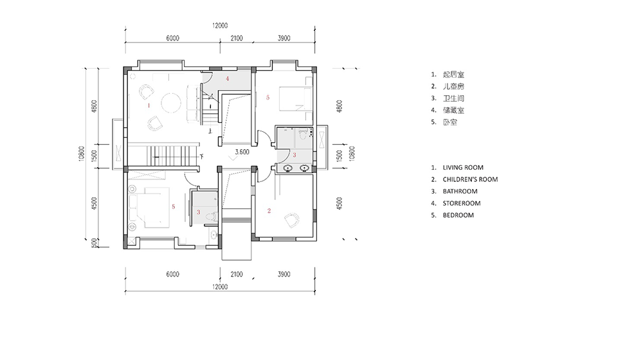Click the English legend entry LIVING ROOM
coord(463,168)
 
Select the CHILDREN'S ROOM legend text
coord(471,179)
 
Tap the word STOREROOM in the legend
coord(462,203)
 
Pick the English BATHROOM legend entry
coord(460,192)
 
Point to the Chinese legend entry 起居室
coord(453,75)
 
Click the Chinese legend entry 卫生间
coord(453,98)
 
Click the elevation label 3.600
coord(242,152)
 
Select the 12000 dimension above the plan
coord(220,26)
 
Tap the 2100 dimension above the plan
coord(237,38)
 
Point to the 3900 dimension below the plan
coord(284,274)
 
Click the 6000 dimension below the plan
coord(172,274)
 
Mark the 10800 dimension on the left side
coord(82,154)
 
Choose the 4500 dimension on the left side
coord(95,204)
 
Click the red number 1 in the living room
coord(149,105)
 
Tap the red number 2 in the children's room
coord(269,211)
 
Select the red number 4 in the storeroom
coord(227,78)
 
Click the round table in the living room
coord(172,103)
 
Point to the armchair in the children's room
coord(293,221)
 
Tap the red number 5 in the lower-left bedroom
coord(174,206)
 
